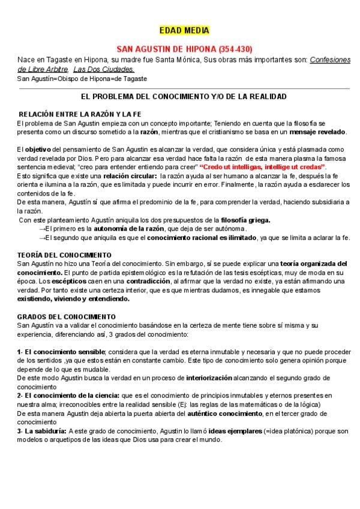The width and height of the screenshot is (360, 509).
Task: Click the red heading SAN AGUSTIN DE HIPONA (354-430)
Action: (x=184, y=49)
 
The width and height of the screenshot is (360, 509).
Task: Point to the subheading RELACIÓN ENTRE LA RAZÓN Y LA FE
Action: (x=80, y=114)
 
